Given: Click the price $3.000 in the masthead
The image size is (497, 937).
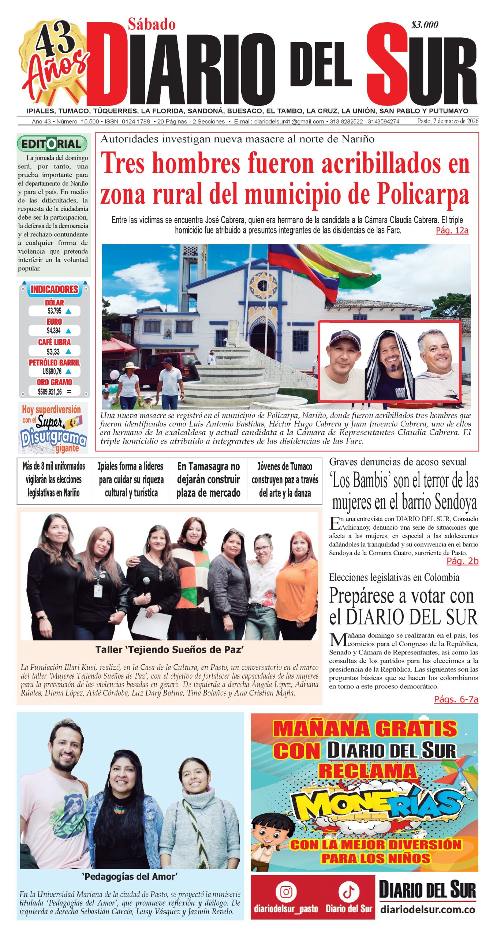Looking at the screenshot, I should pyautogui.click(x=425, y=25).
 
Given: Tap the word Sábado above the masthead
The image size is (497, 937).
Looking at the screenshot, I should pyautogui.click(x=152, y=25).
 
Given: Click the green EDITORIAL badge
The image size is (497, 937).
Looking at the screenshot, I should pyautogui.click(x=52, y=144).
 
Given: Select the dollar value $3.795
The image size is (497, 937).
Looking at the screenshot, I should pyautogui.click(x=55, y=311).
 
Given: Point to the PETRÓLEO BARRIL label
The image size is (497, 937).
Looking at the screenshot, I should pyautogui.click(x=54, y=362).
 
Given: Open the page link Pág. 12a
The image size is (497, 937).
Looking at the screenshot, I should pyautogui.click(x=452, y=231).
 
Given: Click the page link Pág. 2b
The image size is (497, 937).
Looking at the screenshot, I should pyautogui.click(x=462, y=561).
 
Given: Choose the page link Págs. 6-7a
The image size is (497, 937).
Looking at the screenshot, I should pyautogui.click(x=456, y=699).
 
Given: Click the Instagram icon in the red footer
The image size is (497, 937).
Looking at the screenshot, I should pyautogui.click(x=286, y=892).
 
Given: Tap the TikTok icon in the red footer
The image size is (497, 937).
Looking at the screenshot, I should pyautogui.click(x=348, y=892).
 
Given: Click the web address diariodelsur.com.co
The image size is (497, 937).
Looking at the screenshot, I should pyautogui.click(x=427, y=909).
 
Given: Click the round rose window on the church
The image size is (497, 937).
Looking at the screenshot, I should pyautogui.click(x=262, y=285).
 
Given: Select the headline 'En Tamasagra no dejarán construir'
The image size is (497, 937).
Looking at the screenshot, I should pyautogui.click(x=208, y=479).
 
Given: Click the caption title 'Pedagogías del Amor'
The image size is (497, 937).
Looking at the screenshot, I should pyautogui.click(x=130, y=877).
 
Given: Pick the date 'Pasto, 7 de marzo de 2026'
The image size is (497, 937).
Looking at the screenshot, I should pyautogui.click(x=448, y=121).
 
